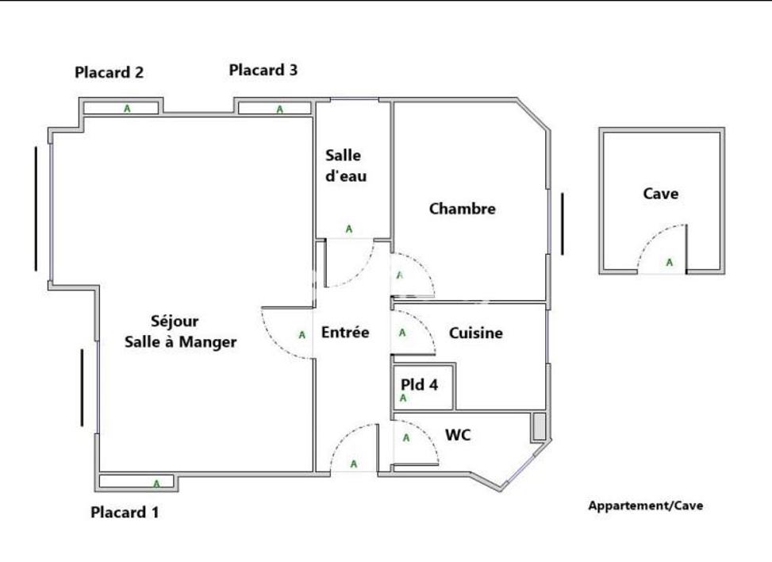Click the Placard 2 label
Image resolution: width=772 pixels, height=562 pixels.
(x=109, y=72)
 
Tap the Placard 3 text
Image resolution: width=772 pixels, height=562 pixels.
(x=263, y=70)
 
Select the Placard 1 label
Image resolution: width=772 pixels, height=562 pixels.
(x=125, y=512)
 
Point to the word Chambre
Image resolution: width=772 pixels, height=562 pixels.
(x=463, y=209)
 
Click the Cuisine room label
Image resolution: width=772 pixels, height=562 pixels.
(x=475, y=333)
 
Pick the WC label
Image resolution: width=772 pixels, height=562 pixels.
(x=458, y=435)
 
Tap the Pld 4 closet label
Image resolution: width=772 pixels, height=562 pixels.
(x=419, y=384)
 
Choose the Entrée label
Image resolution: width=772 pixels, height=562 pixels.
(x=345, y=333)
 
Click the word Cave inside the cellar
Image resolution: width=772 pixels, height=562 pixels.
(x=661, y=194)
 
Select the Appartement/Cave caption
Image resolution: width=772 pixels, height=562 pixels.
(x=646, y=506)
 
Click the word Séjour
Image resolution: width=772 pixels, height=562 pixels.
(x=175, y=321)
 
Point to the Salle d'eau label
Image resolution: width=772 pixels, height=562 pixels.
(x=346, y=166)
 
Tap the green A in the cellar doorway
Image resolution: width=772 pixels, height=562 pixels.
(x=669, y=263)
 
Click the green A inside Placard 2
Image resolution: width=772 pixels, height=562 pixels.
(x=127, y=109)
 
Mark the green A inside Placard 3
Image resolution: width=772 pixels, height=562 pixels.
(x=279, y=110)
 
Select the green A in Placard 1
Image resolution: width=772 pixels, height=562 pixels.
(x=156, y=483)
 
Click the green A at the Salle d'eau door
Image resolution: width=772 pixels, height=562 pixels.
(x=349, y=229)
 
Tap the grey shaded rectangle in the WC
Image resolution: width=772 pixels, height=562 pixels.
(x=539, y=426)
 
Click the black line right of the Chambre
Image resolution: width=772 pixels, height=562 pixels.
(x=563, y=224)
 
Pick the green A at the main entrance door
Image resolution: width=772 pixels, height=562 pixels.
(x=354, y=464)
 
